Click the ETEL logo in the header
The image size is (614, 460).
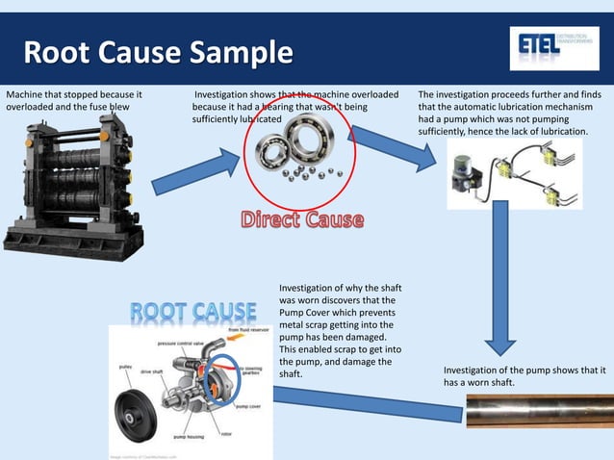546,47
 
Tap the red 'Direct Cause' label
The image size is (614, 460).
302,220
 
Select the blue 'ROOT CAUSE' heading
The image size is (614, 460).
193,313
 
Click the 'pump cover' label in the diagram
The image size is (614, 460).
248,406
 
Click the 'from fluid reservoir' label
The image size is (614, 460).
248,330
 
